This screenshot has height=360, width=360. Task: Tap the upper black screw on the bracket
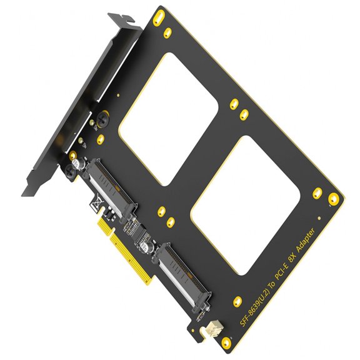coord(99,116)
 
